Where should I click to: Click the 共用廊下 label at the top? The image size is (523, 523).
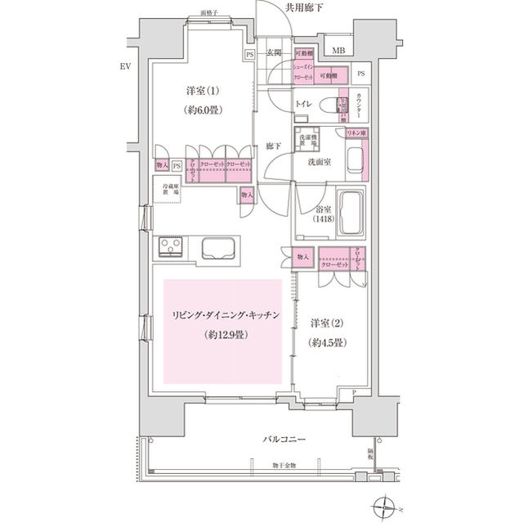(305, 7)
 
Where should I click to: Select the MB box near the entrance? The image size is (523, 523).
(338, 51)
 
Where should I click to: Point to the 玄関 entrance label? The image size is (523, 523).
(275, 52)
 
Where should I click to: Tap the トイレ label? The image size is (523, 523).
(302, 105)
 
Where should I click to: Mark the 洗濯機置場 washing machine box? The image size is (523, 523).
(306, 140)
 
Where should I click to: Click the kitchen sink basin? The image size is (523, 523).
(216, 249)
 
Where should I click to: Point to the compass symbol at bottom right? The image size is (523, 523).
(383, 508)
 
